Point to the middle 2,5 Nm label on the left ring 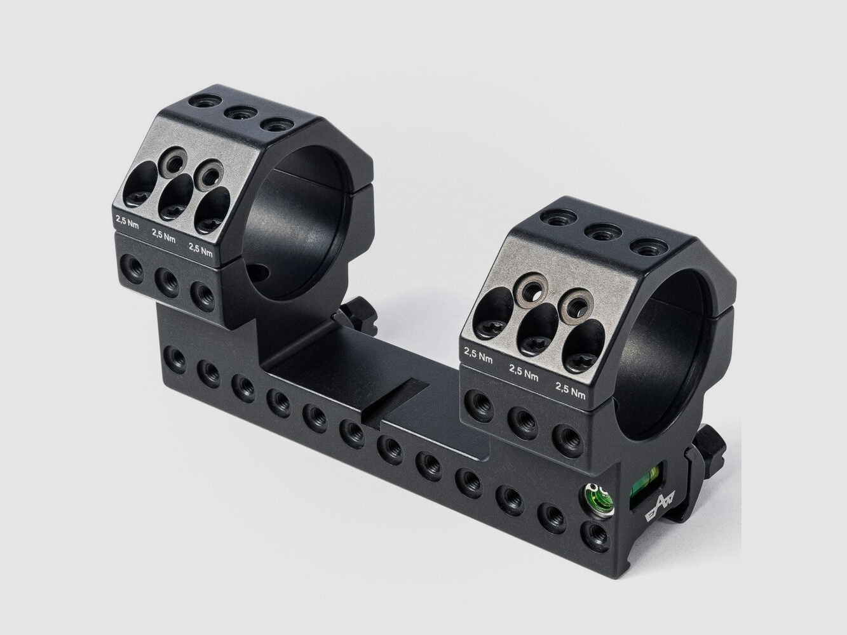164,235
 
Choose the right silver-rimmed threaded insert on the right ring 576,304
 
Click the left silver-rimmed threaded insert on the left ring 172,160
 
